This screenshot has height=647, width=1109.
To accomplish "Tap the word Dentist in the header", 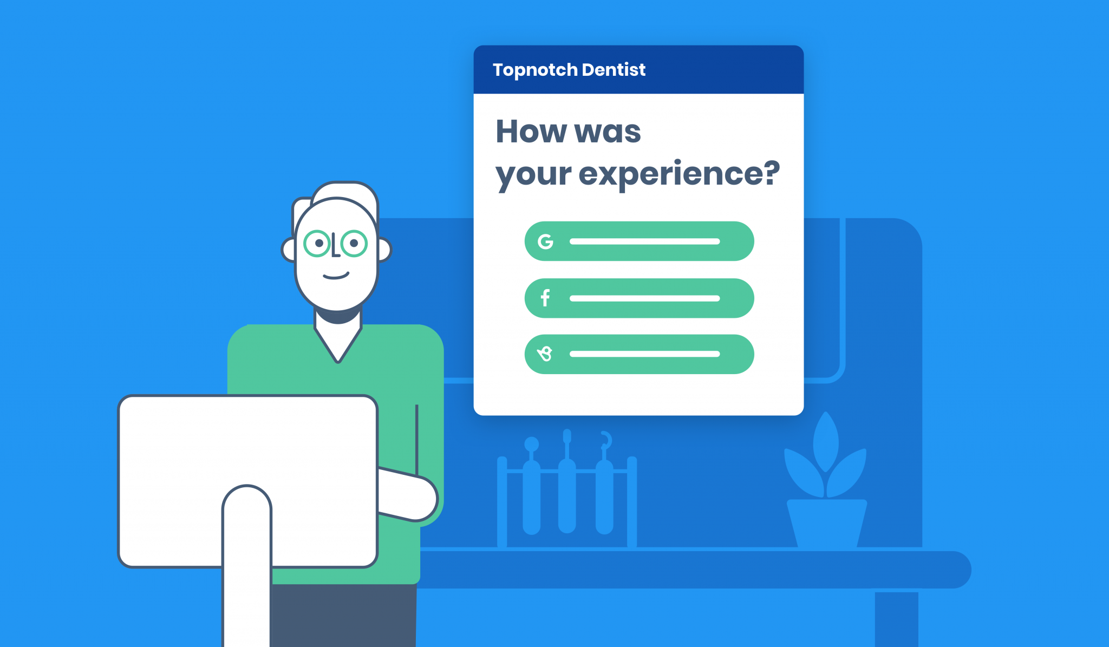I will pos(614,70).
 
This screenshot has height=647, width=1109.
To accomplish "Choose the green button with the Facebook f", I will pos(639,298).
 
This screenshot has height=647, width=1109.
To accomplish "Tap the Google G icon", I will pos(545,241).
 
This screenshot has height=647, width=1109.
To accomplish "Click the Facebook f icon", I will pos(545,298).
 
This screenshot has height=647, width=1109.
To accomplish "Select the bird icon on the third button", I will pos(545,354).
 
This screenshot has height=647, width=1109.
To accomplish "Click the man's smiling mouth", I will pos(336,276).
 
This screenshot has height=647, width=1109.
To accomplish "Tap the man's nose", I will pos(336,246).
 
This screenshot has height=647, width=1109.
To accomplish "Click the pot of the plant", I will pos(826,522).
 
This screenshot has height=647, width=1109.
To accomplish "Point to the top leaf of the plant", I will pos(826,441).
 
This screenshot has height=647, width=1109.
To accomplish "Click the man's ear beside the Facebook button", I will pos(383,250).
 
